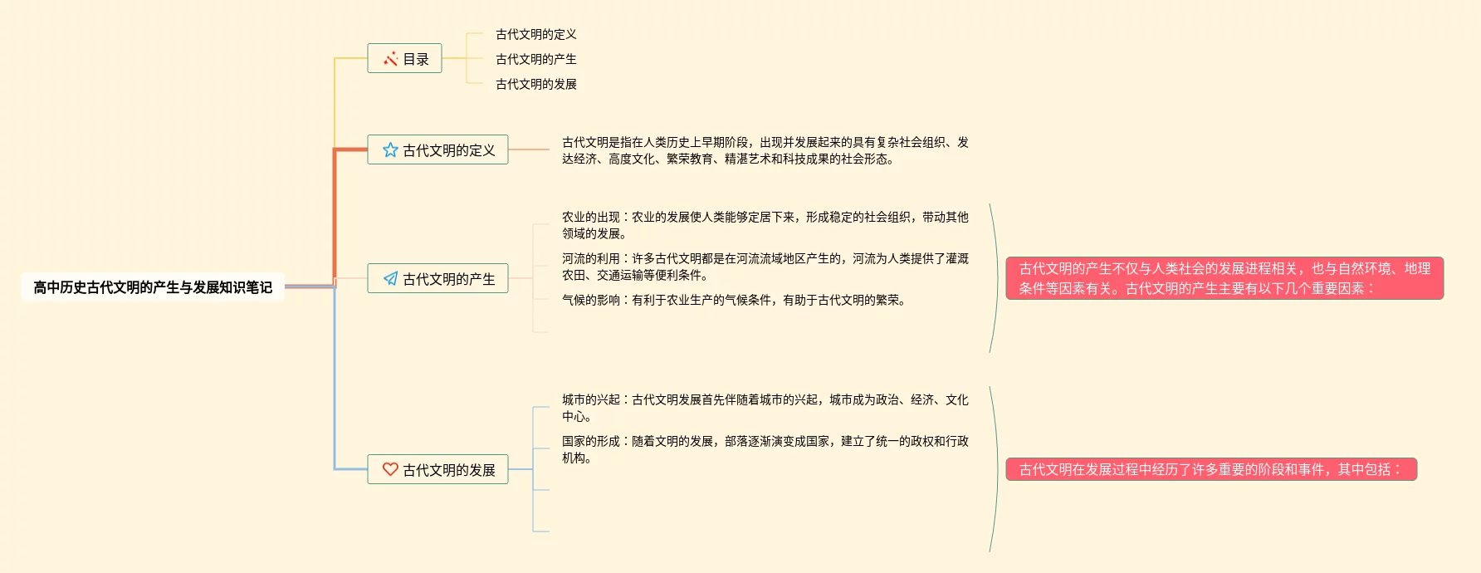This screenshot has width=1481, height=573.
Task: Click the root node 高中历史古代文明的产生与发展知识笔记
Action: click(x=153, y=287)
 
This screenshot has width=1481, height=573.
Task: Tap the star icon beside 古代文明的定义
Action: click(x=390, y=150)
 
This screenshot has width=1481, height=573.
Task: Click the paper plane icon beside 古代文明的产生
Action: click(x=390, y=279)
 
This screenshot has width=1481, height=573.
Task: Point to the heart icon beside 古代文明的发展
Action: click(x=390, y=469)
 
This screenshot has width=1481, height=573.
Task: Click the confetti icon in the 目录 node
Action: click(x=390, y=59)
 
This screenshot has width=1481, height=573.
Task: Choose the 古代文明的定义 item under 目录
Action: click(x=535, y=34)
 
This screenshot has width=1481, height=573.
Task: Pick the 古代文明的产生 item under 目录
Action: click(x=535, y=59)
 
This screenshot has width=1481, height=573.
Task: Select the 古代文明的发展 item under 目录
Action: click(x=535, y=84)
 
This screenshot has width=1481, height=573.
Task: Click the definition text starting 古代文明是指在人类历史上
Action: click(x=765, y=150)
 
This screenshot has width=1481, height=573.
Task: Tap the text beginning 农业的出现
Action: click(x=765, y=225)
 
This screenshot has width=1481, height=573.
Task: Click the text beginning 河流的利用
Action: click(x=765, y=267)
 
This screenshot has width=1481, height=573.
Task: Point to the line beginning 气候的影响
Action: click(x=733, y=300)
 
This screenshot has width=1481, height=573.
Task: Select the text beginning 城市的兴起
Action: click(x=765, y=408)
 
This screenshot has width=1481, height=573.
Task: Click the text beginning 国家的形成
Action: click(x=765, y=449)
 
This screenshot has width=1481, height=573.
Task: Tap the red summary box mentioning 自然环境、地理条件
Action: click(x=1224, y=278)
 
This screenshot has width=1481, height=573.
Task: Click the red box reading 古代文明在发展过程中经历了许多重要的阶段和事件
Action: click(x=1211, y=469)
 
